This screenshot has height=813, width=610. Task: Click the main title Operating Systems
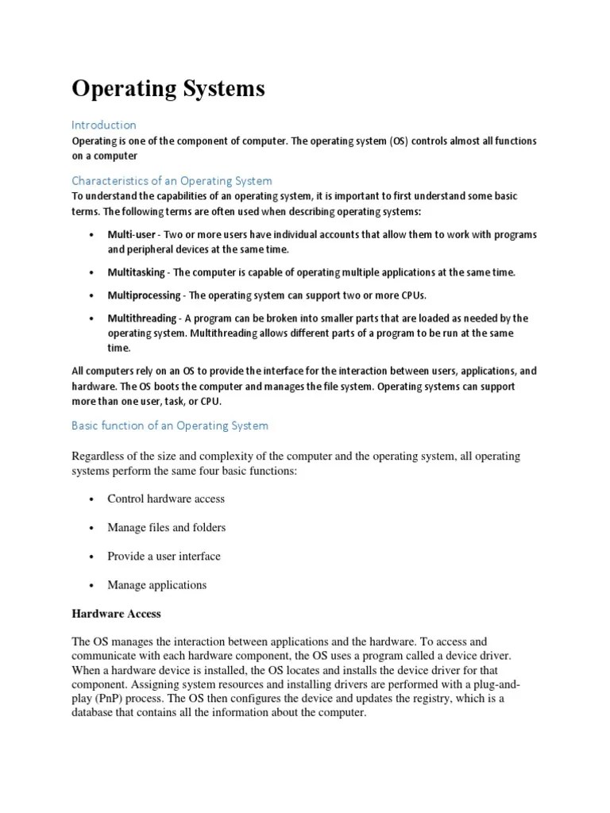[168, 90]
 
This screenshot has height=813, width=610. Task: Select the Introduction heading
[104, 125]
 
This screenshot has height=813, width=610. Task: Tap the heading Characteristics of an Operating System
[172, 180]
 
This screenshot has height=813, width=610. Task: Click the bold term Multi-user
[131, 235]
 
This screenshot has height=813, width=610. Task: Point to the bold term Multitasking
[137, 272]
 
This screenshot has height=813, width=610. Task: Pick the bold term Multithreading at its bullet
[142, 318]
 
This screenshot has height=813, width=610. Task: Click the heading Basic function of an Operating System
[170, 426]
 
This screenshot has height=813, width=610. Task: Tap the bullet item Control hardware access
[166, 499]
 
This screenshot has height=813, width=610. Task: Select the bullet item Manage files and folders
[167, 527]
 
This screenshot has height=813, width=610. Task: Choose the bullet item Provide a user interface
[164, 556]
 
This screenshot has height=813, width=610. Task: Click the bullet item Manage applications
[156, 584]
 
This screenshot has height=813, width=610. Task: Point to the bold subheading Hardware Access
[116, 613]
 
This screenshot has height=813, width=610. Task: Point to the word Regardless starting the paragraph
[100, 456]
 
